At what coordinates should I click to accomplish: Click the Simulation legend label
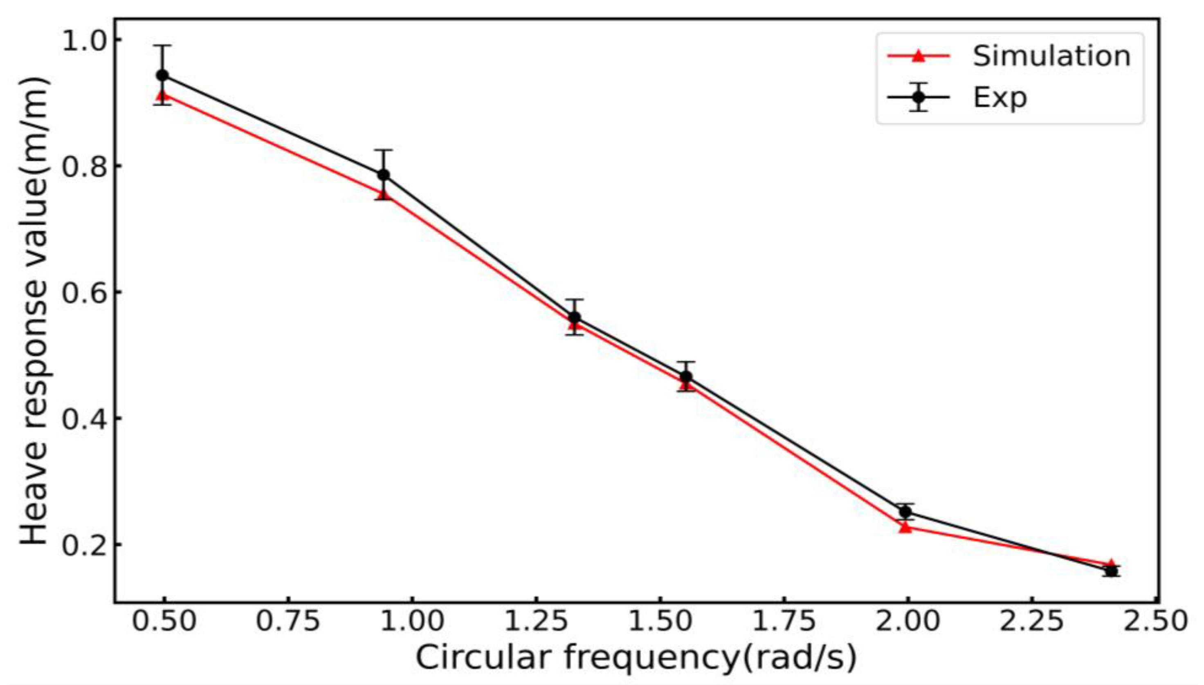1051,56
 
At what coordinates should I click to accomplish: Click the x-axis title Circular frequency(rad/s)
636,658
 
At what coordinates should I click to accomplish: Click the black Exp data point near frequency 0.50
163,75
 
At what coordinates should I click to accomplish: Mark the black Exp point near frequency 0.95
384,175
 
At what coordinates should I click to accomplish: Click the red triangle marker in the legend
918,56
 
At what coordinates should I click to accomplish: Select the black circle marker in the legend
918,97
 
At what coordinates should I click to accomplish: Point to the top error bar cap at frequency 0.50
163,46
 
